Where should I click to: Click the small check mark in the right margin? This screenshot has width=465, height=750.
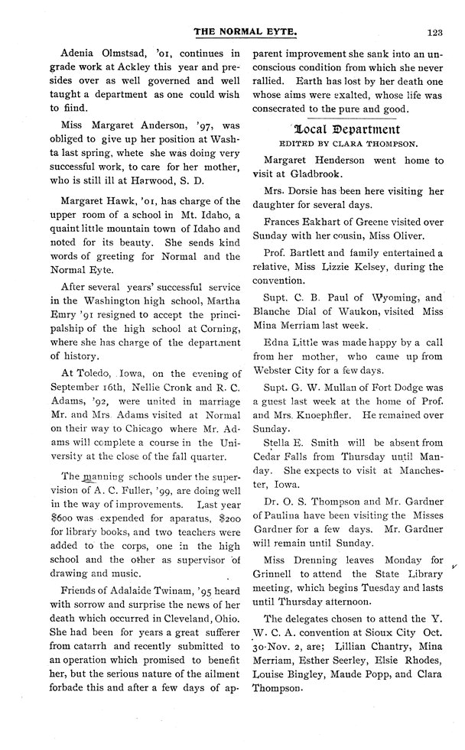455,567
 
